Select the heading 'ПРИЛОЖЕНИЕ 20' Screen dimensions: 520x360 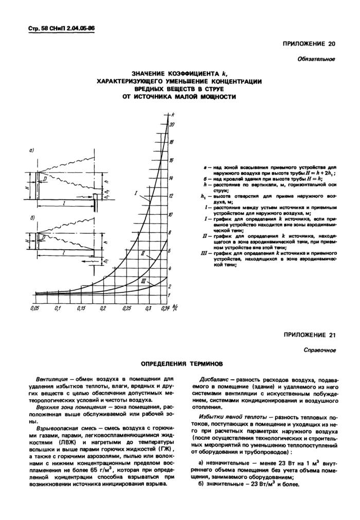click(309, 44)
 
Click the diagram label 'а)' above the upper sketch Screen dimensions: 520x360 click(31, 151)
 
